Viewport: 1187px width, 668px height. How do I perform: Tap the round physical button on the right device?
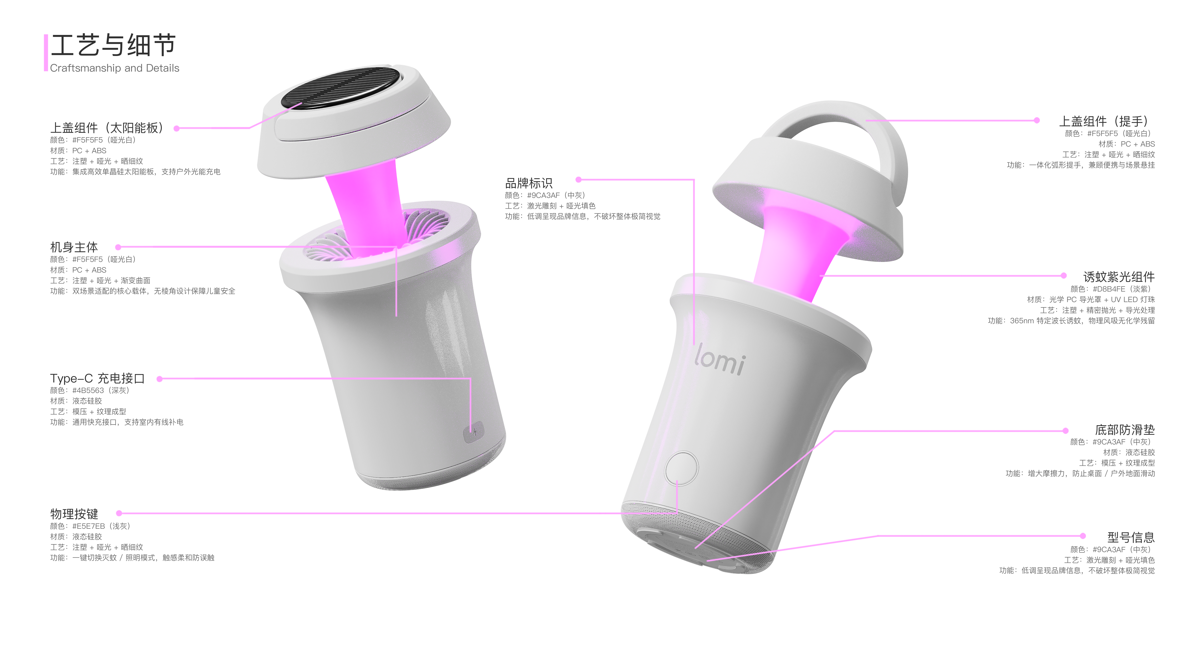tap(682, 468)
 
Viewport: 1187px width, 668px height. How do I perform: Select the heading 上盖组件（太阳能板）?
tap(107, 128)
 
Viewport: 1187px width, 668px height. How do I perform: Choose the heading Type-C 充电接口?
tap(97, 378)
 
